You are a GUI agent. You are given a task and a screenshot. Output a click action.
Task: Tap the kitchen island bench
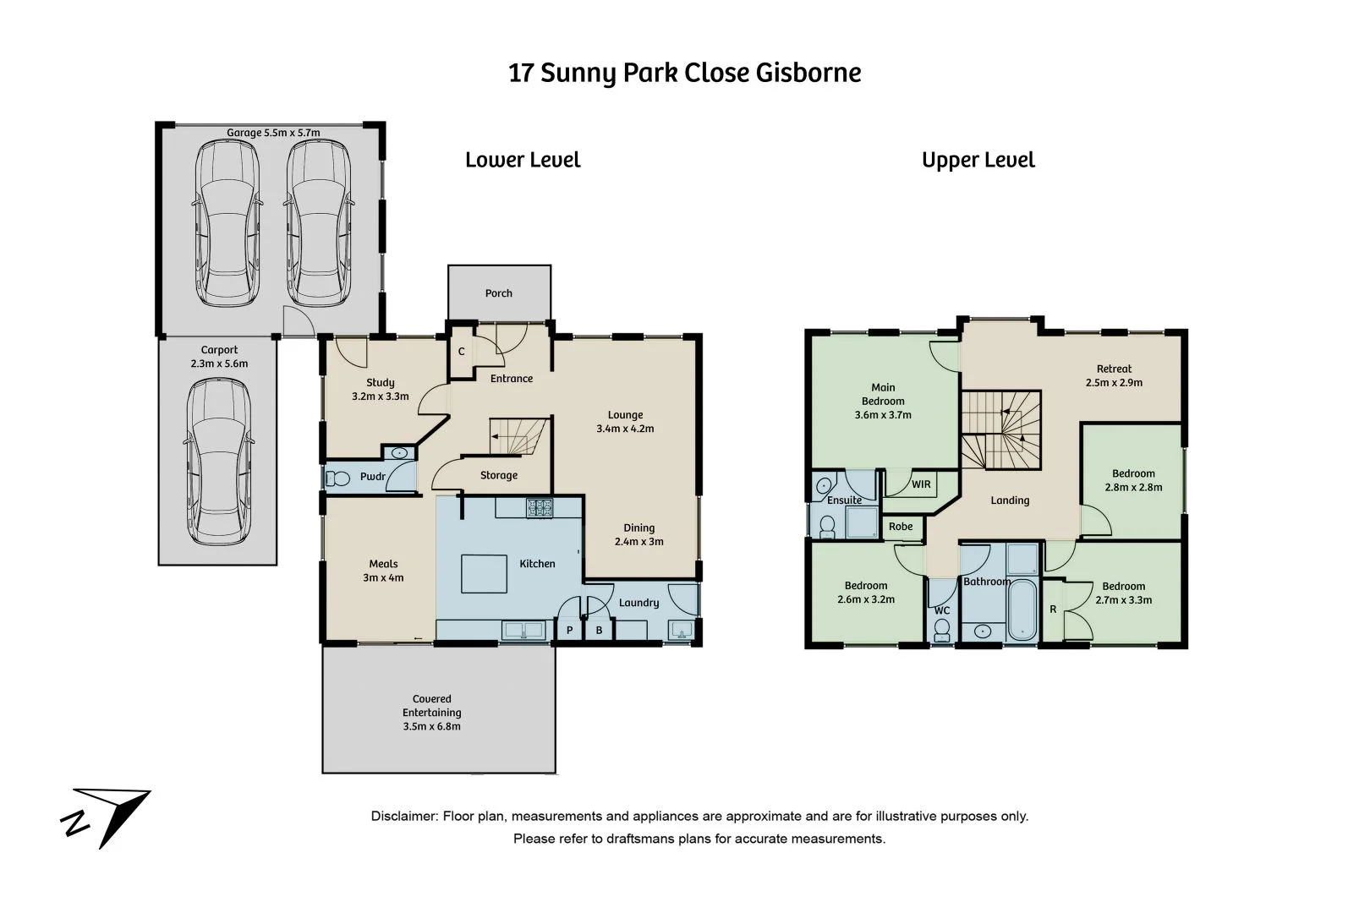(x=483, y=573)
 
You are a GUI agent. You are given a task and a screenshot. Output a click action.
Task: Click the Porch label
(x=498, y=293)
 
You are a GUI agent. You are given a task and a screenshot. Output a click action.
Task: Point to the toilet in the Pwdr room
(x=338, y=478)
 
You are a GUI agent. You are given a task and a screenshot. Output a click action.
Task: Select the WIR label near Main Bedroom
(x=921, y=484)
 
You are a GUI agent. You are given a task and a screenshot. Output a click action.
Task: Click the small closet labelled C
(x=461, y=351)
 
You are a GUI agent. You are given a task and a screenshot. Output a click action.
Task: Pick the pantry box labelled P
(x=569, y=631)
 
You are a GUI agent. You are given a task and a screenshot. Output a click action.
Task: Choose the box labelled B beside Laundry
(x=599, y=631)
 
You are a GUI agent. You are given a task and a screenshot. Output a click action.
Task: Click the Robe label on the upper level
(x=901, y=527)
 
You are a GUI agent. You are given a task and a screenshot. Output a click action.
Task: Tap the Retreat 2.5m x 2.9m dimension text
(x=1114, y=382)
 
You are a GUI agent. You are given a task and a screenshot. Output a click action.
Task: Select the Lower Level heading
(x=523, y=160)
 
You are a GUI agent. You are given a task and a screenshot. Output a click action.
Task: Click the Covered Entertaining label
(x=432, y=712)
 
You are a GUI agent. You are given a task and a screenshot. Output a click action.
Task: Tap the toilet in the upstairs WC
(x=941, y=630)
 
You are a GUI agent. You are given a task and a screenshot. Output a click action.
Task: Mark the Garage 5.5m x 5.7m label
(x=273, y=133)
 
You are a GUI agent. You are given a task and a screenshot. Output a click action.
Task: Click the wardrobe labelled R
(x=1053, y=610)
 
